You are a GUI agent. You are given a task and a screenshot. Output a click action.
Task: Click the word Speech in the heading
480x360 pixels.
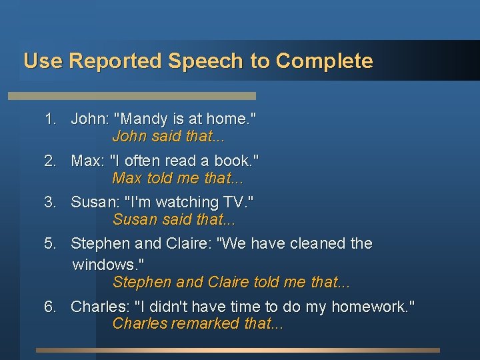(x=206, y=61)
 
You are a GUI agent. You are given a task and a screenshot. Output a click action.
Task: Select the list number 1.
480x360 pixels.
(x=50, y=119)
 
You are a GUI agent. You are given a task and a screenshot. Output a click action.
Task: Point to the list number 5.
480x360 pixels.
(x=50, y=244)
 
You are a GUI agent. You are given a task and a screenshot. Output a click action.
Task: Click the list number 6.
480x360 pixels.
(x=50, y=307)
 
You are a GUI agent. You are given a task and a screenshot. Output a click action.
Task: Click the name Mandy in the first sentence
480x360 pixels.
(x=142, y=119)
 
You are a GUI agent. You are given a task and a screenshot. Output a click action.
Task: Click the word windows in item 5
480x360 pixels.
(x=101, y=265)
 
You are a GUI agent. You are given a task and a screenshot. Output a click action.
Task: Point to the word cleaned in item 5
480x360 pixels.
(x=313, y=244)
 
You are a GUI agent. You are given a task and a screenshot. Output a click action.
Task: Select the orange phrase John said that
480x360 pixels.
(x=168, y=137)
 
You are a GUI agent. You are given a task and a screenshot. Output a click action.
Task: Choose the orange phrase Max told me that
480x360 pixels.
(x=177, y=179)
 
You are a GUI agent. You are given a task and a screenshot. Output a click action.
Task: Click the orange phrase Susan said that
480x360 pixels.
(x=174, y=219)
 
